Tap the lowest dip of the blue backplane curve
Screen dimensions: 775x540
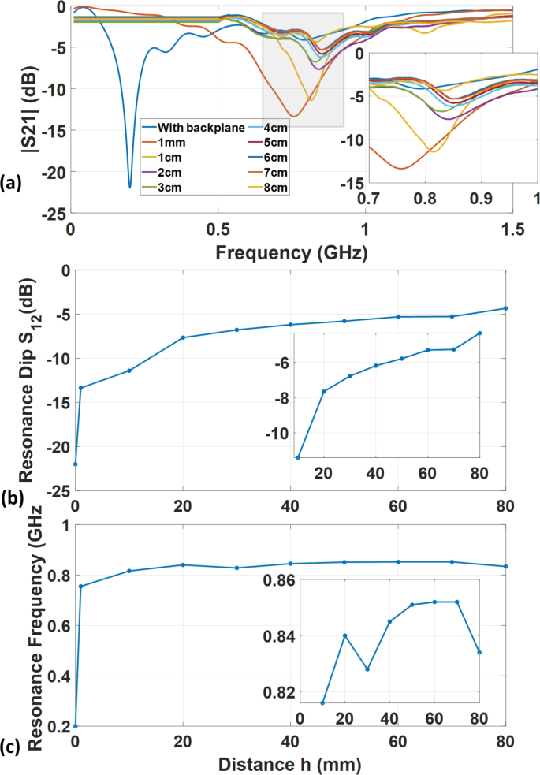point(130,188)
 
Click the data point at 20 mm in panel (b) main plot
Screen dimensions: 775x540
point(183,337)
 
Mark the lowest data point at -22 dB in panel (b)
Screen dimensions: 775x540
point(75,464)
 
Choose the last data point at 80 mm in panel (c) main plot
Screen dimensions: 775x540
point(505,566)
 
